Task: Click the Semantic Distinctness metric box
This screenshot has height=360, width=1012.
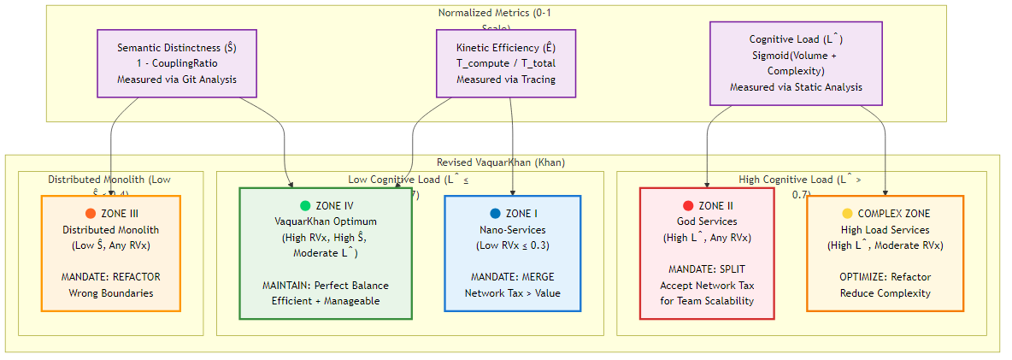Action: (x=177, y=63)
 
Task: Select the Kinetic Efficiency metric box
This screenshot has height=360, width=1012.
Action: (x=505, y=63)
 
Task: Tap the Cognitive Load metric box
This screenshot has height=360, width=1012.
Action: (x=796, y=63)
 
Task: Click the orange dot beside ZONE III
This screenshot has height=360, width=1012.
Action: (x=91, y=214)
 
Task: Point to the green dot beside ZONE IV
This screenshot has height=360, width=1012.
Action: (x=305, y=206)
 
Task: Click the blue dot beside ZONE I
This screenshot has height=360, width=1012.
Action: (x=495, y=214)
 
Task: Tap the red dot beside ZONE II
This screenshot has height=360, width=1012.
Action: (x=688, y=206)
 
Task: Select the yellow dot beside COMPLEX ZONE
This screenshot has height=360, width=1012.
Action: (x=847, y=214)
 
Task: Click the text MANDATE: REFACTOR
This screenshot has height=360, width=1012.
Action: (x=111, y=277)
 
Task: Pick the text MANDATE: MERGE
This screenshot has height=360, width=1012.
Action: (x=513, y=277)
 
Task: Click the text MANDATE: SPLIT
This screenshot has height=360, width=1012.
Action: (x=707, y=269)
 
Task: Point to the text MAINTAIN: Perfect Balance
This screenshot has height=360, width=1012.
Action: (x=326, y=285)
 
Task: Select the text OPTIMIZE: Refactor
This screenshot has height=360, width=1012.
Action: (x=885, y=277)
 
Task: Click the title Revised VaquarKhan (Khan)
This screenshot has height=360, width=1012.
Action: (x=501, y=162)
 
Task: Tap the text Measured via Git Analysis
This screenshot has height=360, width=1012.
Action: (x=177, y=80)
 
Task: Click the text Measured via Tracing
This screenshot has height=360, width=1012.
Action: (x=505, y=80)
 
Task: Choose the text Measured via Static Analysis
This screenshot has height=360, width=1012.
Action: (x=796, y=87)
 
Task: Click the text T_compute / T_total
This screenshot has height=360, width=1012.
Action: (x=505, y=63)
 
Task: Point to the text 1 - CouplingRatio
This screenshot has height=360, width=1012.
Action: (x=177, y=63)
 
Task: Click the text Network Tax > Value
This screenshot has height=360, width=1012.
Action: (x=513, y=293)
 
